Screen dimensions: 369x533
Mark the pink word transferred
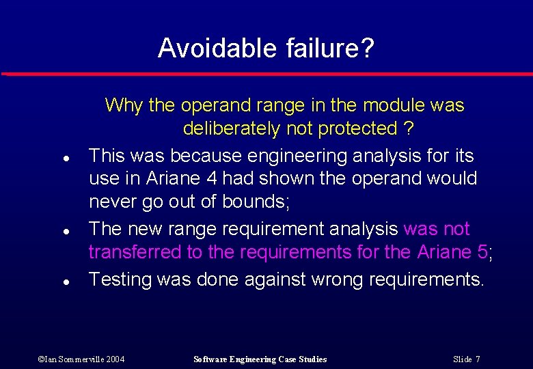pyautogui.click(x=135, y=252)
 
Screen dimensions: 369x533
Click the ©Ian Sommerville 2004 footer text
pyautogui.click(x=81, y=359)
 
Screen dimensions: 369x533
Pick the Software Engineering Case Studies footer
pyautogui.click(x=260, y=359)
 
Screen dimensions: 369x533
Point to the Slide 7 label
pyautogui.click(x=467, y=359)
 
